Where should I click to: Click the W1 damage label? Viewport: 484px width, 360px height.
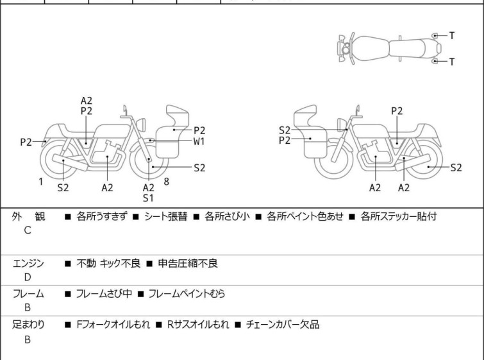point(199,141)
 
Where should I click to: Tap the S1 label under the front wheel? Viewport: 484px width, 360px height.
point(148,198)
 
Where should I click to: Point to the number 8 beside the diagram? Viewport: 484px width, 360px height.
point(167,182)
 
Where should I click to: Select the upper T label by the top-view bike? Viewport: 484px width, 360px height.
point(452,36)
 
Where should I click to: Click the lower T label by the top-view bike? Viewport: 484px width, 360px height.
point(452,62)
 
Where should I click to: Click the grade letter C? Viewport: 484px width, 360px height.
point(28,230)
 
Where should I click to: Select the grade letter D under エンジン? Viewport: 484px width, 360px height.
point(28,277)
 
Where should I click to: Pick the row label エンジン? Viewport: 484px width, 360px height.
point(29,263)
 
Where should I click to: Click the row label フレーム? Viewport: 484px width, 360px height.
point(29,294)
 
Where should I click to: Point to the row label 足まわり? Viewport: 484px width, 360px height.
point(29,325)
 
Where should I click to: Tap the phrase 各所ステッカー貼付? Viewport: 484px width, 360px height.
point(399,217)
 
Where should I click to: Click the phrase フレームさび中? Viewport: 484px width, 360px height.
point(104,294)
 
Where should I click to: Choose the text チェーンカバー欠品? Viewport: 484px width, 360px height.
point(283,325)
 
